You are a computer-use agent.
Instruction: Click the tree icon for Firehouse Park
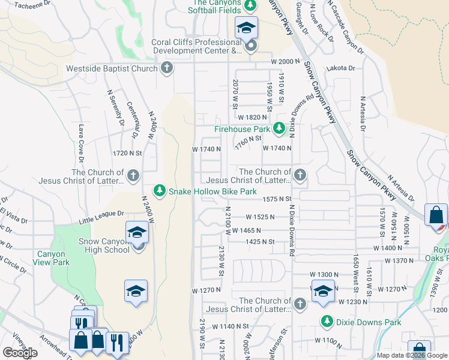point(279,128)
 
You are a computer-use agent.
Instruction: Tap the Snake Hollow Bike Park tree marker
point(159,191)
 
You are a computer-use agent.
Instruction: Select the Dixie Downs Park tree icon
point(327,322)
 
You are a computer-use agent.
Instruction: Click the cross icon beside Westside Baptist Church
point(167,68)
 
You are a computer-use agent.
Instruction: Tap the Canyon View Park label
point(53,258)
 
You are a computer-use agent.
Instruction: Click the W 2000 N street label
point(285,62)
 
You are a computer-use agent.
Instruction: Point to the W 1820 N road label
point(252,118)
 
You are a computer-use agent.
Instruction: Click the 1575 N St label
point(276,199)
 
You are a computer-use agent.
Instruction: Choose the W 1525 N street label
point(259,217)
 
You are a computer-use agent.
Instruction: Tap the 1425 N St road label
point(259,242)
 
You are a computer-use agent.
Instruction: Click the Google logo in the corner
point(20,353)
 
